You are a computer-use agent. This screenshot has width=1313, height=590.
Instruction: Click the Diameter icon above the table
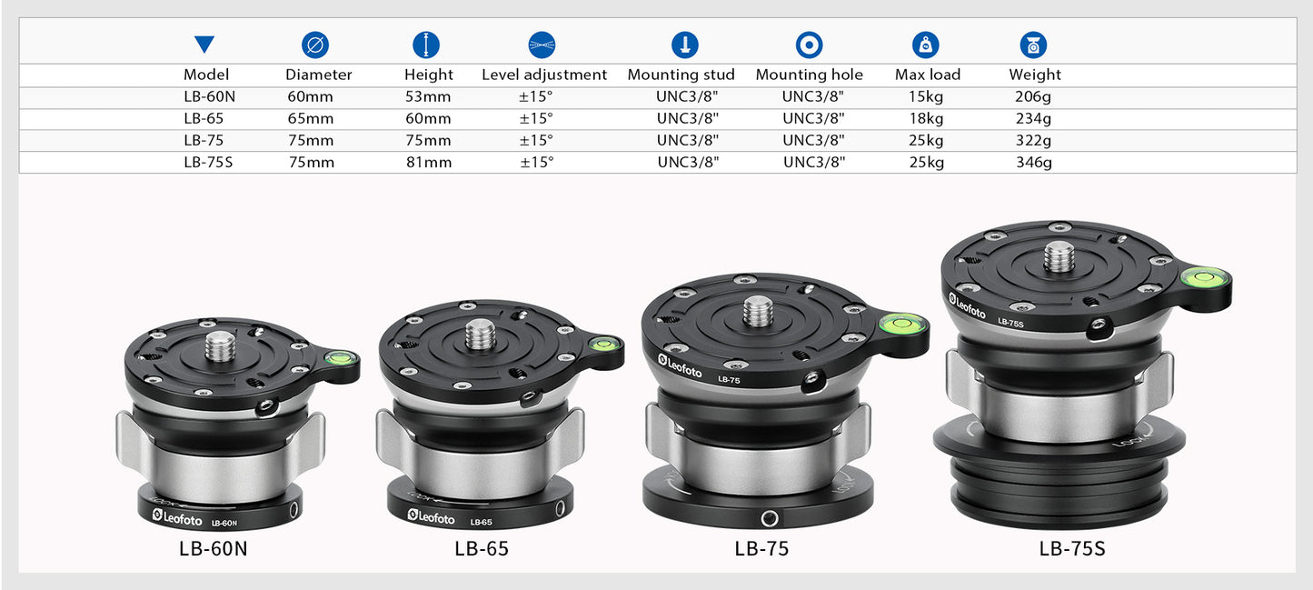[315, 45]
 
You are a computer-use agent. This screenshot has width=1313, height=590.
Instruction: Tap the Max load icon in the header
[926, 45]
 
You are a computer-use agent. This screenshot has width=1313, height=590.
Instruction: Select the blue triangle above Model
[204, 45]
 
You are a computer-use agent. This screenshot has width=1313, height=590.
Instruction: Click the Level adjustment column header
[544, 75]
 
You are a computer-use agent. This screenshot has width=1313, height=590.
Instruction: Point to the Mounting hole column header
[809, 75]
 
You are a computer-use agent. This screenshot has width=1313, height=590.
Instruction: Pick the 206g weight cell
[1033, 96]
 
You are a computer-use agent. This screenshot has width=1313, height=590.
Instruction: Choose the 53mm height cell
[428, 96]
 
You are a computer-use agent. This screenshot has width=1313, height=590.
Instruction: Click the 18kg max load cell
[926, 118]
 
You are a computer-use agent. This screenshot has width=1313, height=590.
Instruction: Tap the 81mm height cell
[429, 163]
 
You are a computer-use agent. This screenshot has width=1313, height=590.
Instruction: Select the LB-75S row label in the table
[208, 163]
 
